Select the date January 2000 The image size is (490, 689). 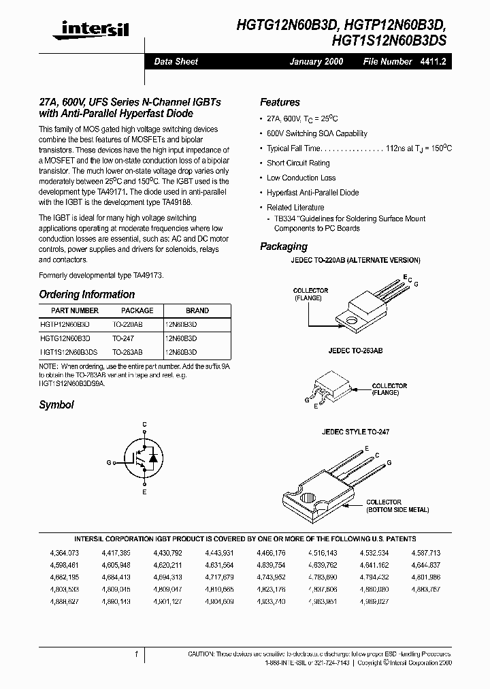click(x=316, y=61)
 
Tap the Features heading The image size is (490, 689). click(x=280, y=102)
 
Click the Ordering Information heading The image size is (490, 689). click(x=86, y=295)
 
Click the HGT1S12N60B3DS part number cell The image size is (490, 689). click(x=69, y=352)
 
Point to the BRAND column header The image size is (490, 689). click(x=197, y=310)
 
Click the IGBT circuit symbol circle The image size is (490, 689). click(x=144, y=461)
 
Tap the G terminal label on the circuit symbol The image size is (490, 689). click(x=109, y=462)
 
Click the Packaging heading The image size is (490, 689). click(x=283, y=246)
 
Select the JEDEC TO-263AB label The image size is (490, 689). click(x=355, y=350)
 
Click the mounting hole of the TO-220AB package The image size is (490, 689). click(x=353, y=319)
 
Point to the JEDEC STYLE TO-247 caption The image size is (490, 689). click(x=355, y=432)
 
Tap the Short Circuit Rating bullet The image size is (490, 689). click(x=298, y=163)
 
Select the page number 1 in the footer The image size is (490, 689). click(x=137, y=654)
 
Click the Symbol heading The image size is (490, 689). click(x=56, y=404)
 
